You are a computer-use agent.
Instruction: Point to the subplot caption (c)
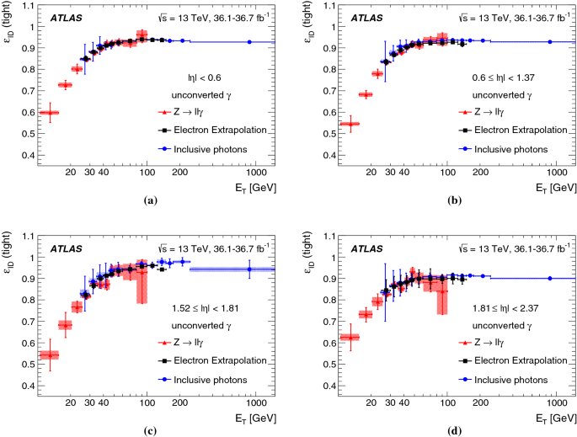pos(151,431)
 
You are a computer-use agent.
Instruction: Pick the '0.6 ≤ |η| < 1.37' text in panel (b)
pos(509,77)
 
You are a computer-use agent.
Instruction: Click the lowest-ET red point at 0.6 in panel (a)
pos(50,112)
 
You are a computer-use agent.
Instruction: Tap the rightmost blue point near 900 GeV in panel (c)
pos(249,269)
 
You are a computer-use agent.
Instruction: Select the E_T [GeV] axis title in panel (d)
pos(553,418)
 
